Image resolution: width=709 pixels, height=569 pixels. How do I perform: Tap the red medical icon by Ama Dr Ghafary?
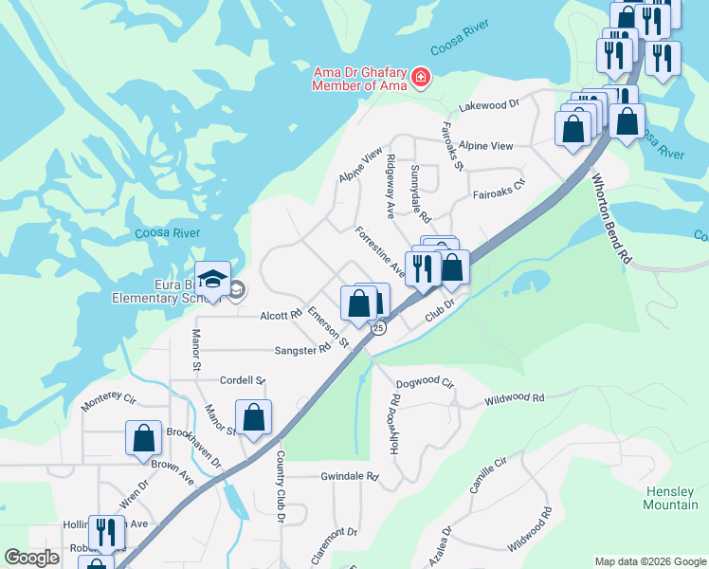[x=420, y=76]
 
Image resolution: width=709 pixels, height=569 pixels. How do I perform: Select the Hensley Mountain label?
[x=671, y=498]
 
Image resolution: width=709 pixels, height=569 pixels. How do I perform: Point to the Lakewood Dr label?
[x=489, y=105]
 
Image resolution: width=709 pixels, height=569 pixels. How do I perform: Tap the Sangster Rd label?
[x=302, y=350]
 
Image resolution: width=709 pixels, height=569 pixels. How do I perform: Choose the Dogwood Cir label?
[x=426, y=382]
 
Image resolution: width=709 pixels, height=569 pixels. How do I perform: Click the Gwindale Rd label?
[x=350, y=476]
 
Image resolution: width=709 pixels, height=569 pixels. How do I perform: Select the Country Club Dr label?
[x=281, y=486]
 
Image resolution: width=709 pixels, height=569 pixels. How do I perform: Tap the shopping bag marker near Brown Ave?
[x=143, y=438]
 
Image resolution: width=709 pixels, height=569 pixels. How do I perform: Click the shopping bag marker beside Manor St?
[x=254, y=417]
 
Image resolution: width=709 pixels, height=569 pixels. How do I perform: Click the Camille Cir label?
[x=489, y=475]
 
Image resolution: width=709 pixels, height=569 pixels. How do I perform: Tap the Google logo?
[x=31, y=559]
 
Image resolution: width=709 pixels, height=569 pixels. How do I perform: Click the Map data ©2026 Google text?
[x=650, y=561]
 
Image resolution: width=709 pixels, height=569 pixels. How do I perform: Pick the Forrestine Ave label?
[x=380, y=252]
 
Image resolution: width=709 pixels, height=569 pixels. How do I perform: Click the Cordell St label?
[x=243, y=380]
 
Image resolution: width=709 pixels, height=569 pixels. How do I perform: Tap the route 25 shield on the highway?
[x=378, y=328]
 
